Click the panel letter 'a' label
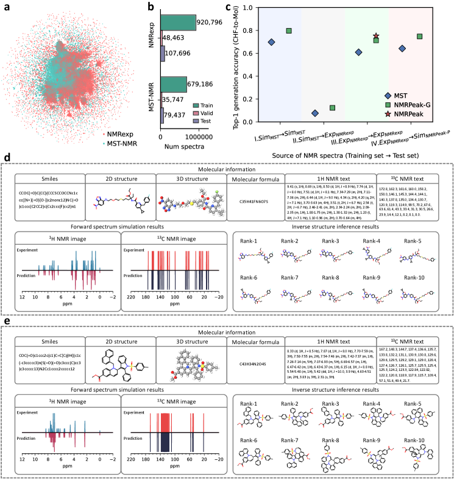point(5,7)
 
